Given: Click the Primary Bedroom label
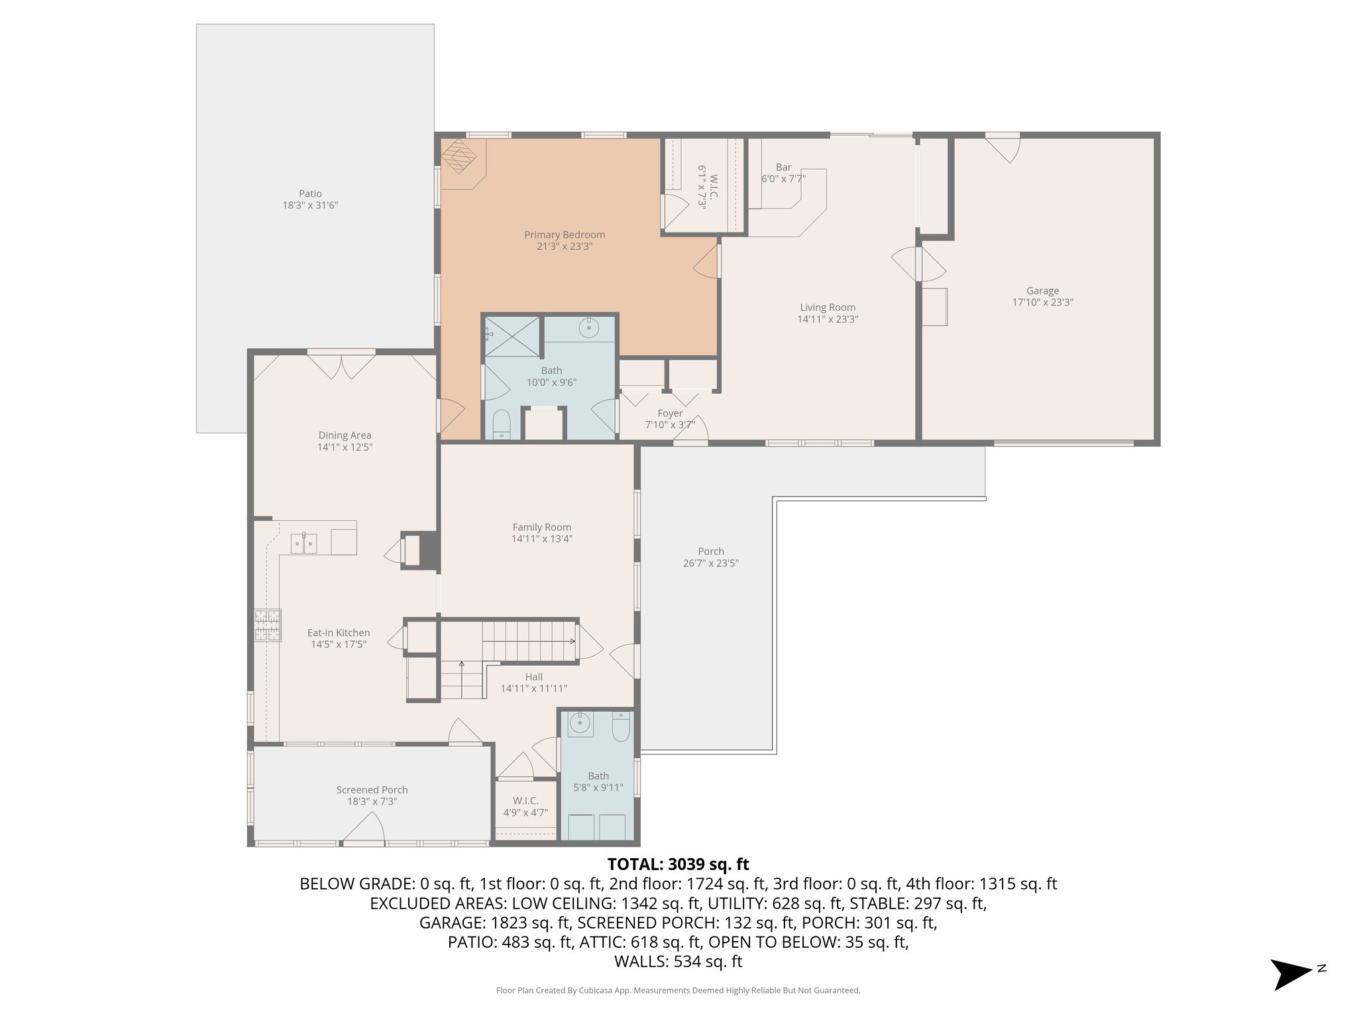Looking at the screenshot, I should pyautogui.click(x=564, y=235).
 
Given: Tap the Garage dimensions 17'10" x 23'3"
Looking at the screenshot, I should pyautogui.click(x=1042, y=302).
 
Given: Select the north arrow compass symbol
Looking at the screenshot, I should pyautogui.click(x=1291, y=974).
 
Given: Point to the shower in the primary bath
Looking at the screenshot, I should pyautogui.click(x=512, y=337).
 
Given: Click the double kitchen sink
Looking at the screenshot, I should pyautogui.click(x=304, y=543).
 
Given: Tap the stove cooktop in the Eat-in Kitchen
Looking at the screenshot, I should pyautogui.click(x=268, y=625).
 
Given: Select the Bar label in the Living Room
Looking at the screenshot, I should pyautogui.click(x=783, y=168).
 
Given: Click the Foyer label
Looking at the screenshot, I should pyautogui.click(x=670, y=414).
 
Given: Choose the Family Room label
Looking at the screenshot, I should pyautogui.click(x=541, y=528).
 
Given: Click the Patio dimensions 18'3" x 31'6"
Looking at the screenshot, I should pyautogui.click(x=310, y=205).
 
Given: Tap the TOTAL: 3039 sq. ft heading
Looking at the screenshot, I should pyautogui.click(x=678, y=864).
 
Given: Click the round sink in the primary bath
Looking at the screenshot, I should pyautogui.click(x=588, y=327).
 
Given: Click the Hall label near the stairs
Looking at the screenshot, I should pyautogui.click(x=533, y=677).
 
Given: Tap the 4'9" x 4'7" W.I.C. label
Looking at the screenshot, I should pyautogui.click(x=525, y=813).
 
